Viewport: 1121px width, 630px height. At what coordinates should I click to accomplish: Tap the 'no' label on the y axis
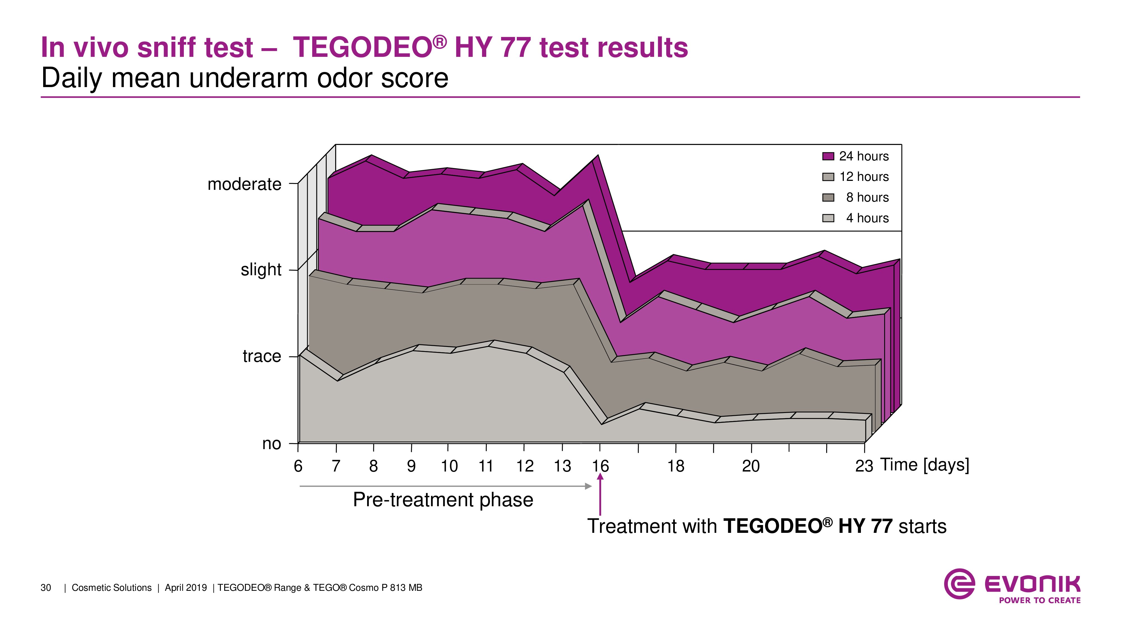(272, 444)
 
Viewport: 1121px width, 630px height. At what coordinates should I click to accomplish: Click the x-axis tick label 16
(600, 466)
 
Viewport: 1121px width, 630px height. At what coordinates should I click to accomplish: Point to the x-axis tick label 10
(449, 466)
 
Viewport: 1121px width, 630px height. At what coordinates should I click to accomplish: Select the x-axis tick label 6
(298, 466)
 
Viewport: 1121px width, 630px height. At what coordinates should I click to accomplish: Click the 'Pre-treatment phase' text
(443, 500)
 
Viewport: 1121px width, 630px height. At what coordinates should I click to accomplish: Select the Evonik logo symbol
(959, 584)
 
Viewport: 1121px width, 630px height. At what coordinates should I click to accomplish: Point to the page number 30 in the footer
(46, 588)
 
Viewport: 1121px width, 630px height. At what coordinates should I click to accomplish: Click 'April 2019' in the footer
(186, 588)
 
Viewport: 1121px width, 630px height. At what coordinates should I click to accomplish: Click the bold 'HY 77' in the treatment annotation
(865, 526)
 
